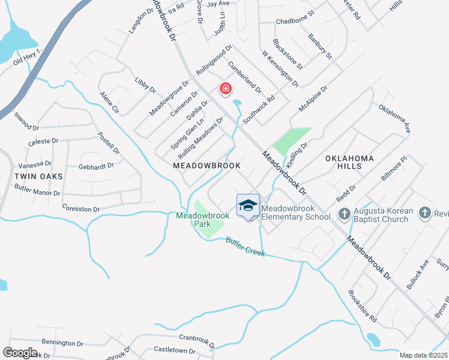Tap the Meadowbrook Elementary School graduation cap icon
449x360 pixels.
tap(248, 205)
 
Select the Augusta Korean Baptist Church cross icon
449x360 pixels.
tap(345, 213)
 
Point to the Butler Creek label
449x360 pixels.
tap(246, 247)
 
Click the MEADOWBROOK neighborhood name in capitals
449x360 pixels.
tap(206, 165)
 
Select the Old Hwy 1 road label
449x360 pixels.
tap(26, 58)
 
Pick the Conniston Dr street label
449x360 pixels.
tap(80, 208)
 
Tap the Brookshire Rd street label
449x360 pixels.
tap(362, 305)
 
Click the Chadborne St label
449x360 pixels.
tap(295, 22)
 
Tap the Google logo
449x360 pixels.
tap(20, 352)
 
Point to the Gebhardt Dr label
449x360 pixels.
tap(96, 166)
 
